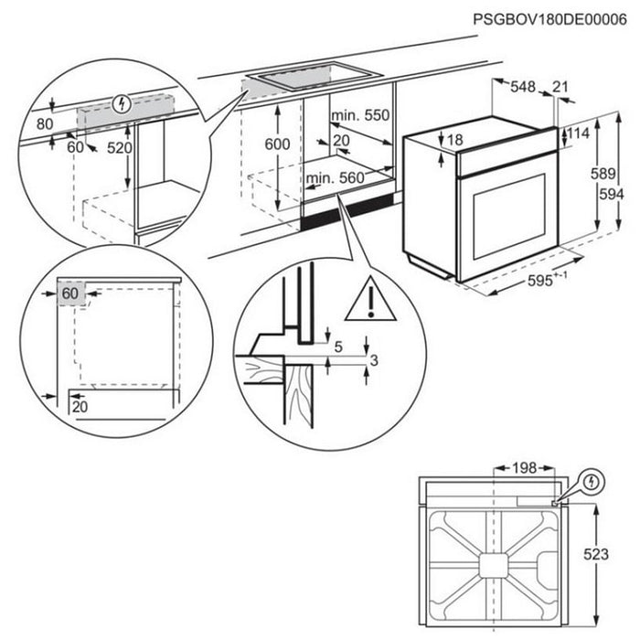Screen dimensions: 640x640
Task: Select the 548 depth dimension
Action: (x=523, y=88)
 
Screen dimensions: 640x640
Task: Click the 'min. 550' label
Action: (x=361, y=115)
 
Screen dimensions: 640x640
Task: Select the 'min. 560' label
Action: (x=336, y=177)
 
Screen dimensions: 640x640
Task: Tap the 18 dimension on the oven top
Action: (x=454, y=138)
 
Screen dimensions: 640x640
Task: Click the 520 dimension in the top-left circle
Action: (x=119, y=147)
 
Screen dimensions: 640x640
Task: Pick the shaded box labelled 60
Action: (x=71, y=293)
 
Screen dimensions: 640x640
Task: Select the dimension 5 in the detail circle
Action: (x=339, y=347)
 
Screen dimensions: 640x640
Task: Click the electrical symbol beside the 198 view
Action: (x=592, y=481)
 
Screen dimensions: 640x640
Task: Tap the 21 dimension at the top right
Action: (x=562, y=87)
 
